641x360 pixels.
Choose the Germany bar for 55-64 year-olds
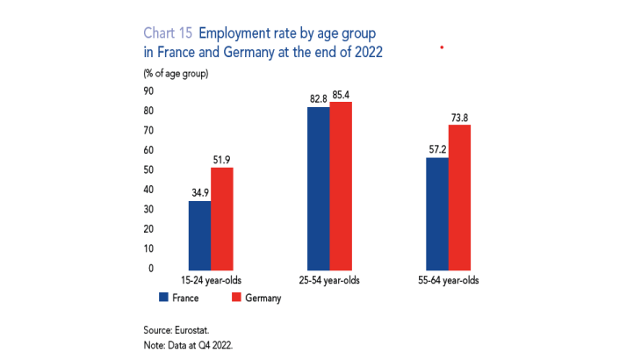(x=459, y=197)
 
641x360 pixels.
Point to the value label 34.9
(x=199, y=192)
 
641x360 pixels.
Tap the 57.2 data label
(x=436, y=149)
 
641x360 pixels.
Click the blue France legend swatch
(x=164, y=299)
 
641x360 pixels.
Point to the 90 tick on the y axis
(x=148, y=90)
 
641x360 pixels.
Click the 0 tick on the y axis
(x=151, y=268)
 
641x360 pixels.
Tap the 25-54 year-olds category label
(x=329, y=281)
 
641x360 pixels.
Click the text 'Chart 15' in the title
(x=168, y=34)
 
